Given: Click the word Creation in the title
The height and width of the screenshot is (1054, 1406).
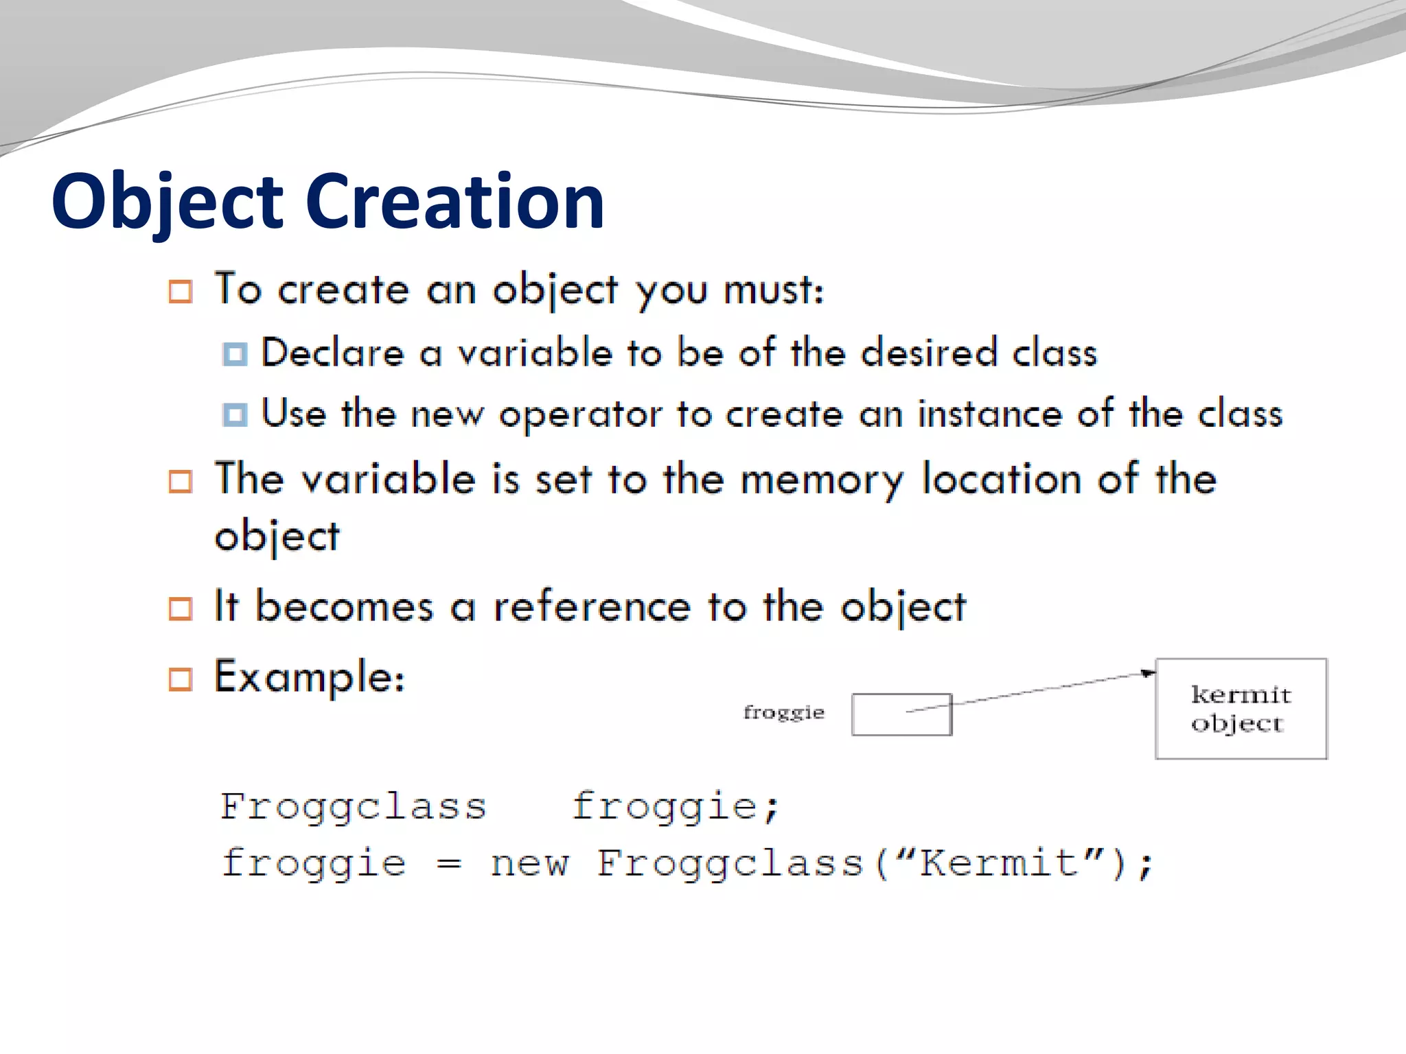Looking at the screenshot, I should (454, 202).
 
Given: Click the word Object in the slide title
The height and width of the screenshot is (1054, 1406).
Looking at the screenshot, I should (167, 202).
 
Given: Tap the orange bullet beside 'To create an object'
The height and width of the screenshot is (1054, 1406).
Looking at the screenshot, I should (181, 292).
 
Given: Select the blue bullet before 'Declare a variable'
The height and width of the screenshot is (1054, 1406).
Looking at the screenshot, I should (235, 354).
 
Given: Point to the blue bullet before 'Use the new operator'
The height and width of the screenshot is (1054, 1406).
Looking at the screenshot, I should (235, 414).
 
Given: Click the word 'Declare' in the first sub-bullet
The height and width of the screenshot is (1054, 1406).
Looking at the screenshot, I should (333, 353).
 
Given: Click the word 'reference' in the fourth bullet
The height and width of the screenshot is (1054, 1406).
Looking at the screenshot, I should (592, 607).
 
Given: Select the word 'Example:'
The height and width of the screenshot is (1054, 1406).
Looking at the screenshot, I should (310, 677).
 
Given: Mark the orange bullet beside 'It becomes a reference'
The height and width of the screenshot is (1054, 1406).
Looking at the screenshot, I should (181, 609).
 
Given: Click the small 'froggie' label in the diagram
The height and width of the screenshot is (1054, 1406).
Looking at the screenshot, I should (783, 712).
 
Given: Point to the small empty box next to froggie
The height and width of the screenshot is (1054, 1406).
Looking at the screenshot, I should (901, 715).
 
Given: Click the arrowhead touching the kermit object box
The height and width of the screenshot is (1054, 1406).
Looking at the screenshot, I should (1147, 673).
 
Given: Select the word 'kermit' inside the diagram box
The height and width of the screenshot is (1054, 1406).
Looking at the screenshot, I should (1241, 695).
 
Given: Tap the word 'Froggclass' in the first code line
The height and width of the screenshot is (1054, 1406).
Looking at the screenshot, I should (353, 806).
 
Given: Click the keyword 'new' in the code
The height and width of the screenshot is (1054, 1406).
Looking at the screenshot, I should (529, 863).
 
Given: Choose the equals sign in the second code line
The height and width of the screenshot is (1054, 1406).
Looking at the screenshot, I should (448, 863).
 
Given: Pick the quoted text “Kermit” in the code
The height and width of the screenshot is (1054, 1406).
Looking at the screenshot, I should (1000, 863).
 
